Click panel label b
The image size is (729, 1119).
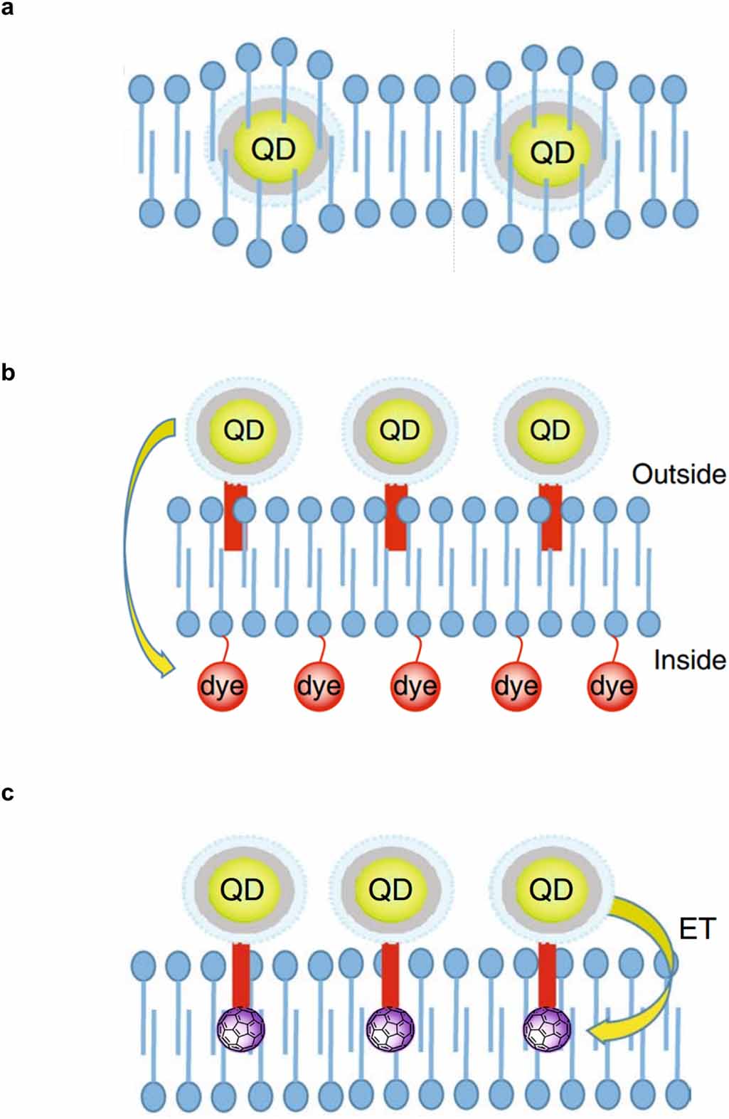tap(8, 373)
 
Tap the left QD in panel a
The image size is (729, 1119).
tap(273, 149)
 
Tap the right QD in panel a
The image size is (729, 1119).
tap(552, 152)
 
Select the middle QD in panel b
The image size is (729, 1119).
tap(400, 430)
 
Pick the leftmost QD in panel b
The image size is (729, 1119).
tap(244, 430)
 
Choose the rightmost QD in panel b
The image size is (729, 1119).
tap(550, 430)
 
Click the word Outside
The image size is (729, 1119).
tap(679, 474)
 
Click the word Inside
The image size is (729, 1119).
tap(689, 660)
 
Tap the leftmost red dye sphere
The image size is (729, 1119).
tap(222, 686)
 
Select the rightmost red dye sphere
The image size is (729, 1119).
tap(612, 686)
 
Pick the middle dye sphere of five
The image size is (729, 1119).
tap(415, 686)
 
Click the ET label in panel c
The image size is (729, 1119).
tap(697, 928)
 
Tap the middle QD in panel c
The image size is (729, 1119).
tap(391, 889)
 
